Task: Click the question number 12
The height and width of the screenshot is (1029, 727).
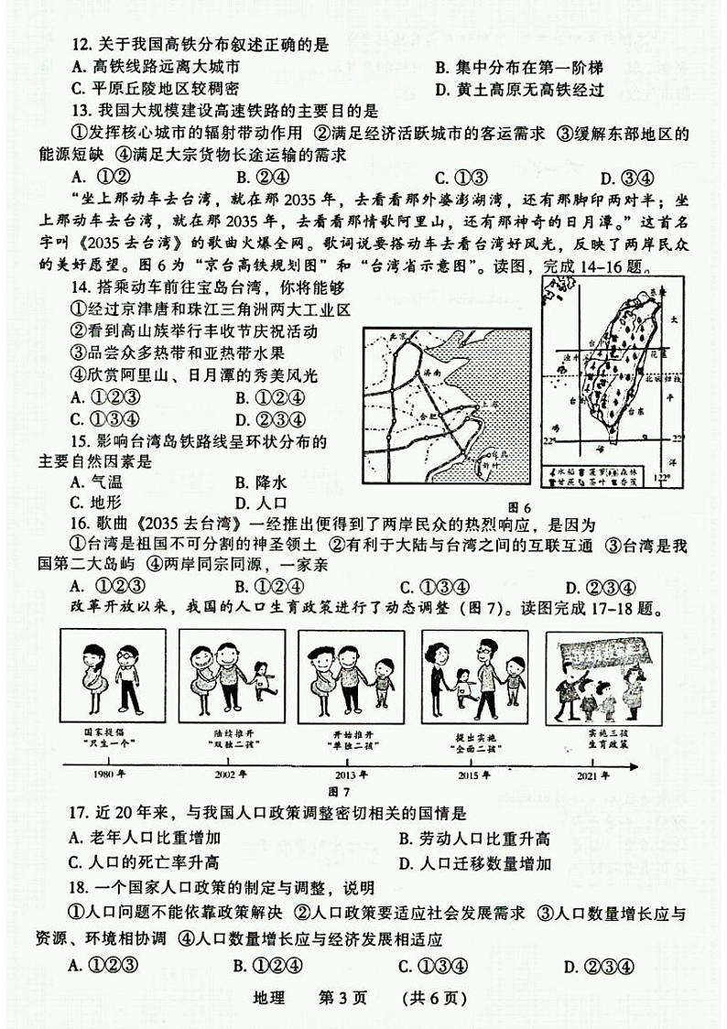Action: coord(80,43)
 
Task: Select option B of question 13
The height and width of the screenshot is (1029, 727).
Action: coord(250,178)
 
